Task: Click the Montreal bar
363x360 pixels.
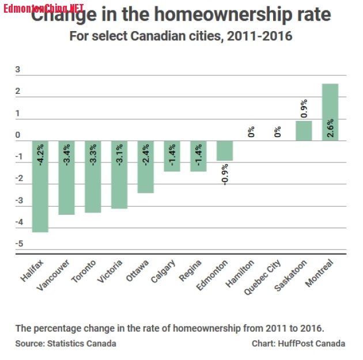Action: (x=330, y=112)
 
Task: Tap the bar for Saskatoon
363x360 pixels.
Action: (x=304, y=131)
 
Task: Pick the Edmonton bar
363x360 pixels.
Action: (x=225, y=151)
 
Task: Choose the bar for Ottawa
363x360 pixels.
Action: (x=146, y=167)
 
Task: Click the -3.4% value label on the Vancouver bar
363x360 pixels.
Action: (x=67, y=155)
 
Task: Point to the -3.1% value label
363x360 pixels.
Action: (x=120, y=155)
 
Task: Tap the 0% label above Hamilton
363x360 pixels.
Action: (x=251, y=132)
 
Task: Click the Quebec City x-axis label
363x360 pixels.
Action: (x=263, y=276)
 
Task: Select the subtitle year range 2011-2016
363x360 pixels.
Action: (x=260, y=36)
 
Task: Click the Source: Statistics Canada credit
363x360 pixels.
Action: (x=66, y=344)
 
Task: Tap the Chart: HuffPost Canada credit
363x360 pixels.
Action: (x=298, y=344)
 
